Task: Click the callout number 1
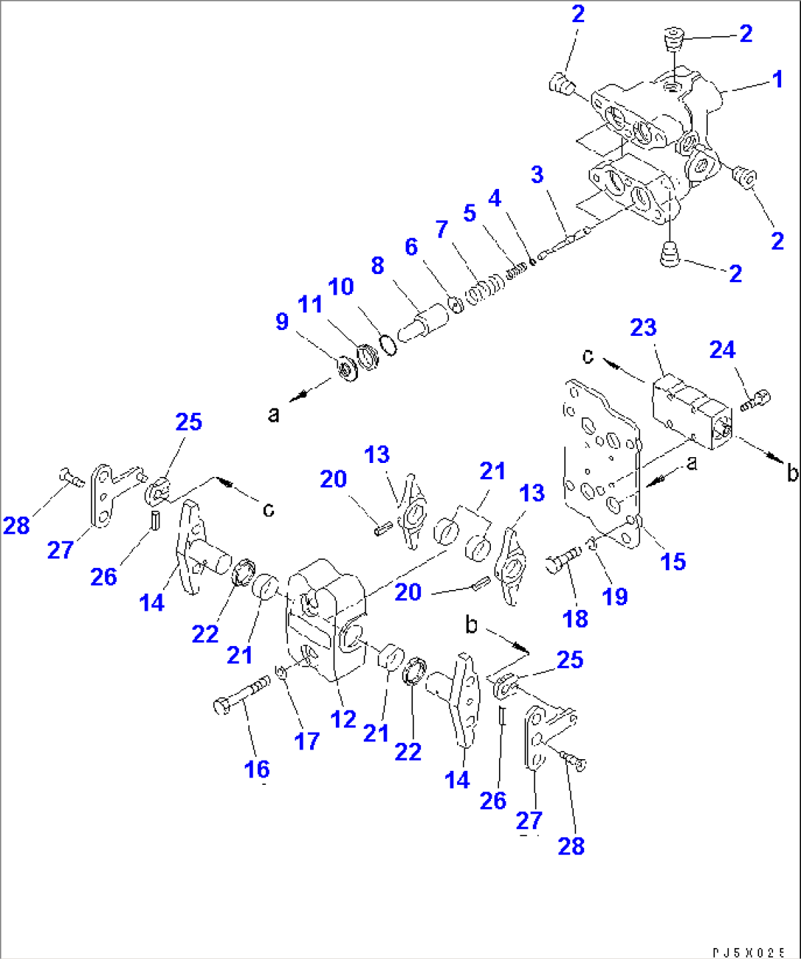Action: pyautogui.click(x=777, y=79)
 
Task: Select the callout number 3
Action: pyautogui.click(x=537, y=175)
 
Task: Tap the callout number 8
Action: pyautogui.click(x=377, y=265)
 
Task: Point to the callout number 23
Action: pyautogui.click(x=643, y=328)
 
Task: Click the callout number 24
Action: pyautogui.click(x=722, y=350)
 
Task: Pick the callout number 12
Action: pyautogui.click(x=343, y=719)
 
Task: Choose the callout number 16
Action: pyautogui.click(x=257, y=769)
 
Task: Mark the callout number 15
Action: pyautogui.click(x=673, y=561)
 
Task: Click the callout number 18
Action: pyautogui.click(x=575, y=619)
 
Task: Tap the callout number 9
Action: pyautogui.click(x=281, y=321)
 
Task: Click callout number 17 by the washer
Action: pyautogui.click(x=306, y=741)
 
